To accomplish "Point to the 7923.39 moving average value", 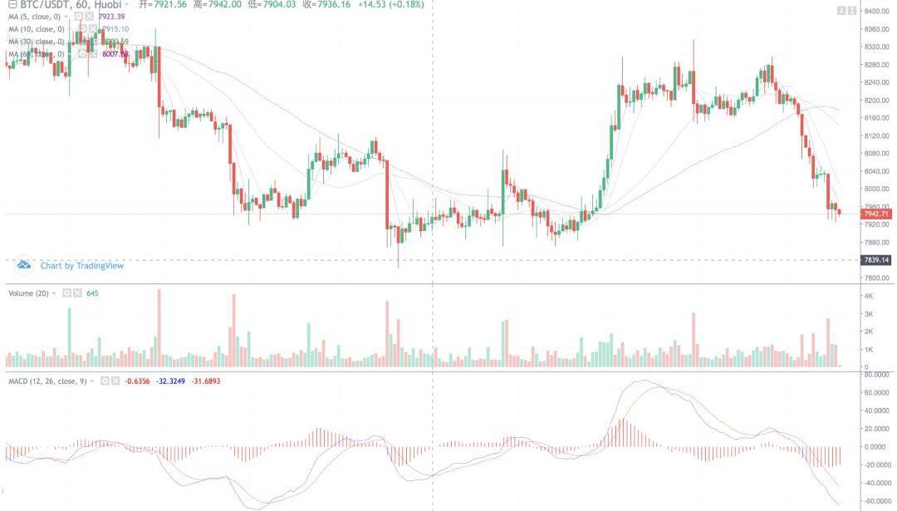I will [x=110, y=17].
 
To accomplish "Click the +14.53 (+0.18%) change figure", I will [x=395, y=4].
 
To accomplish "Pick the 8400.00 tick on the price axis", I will [x=876, y=11].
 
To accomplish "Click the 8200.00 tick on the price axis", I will [x=876, y=100].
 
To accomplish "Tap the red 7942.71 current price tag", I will [x=876, y=214].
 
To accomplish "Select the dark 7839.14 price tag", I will [x=876, y=260].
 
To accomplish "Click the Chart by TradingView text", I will [x=82, y=266].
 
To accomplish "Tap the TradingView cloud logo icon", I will [x=24, y=265].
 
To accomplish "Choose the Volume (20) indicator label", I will [x=29, y=293].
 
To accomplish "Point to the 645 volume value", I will [x=93, y=293].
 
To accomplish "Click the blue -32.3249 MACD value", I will [x=172, y=381].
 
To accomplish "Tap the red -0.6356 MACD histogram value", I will [x=136, y=381].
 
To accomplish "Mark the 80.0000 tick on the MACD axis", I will [x=877, y=374].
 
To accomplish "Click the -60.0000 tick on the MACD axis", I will [x=877, y=500].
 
